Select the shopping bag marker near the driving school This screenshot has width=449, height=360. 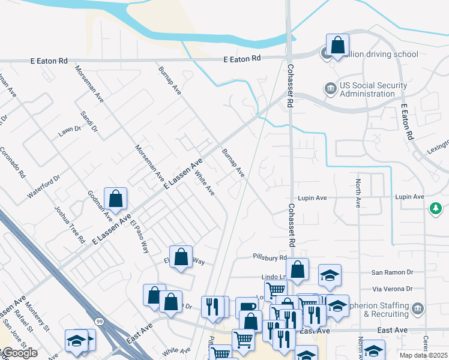coord(337,46)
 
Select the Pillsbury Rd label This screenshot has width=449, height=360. coord(270,257)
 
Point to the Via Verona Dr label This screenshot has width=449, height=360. coord(393,289)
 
